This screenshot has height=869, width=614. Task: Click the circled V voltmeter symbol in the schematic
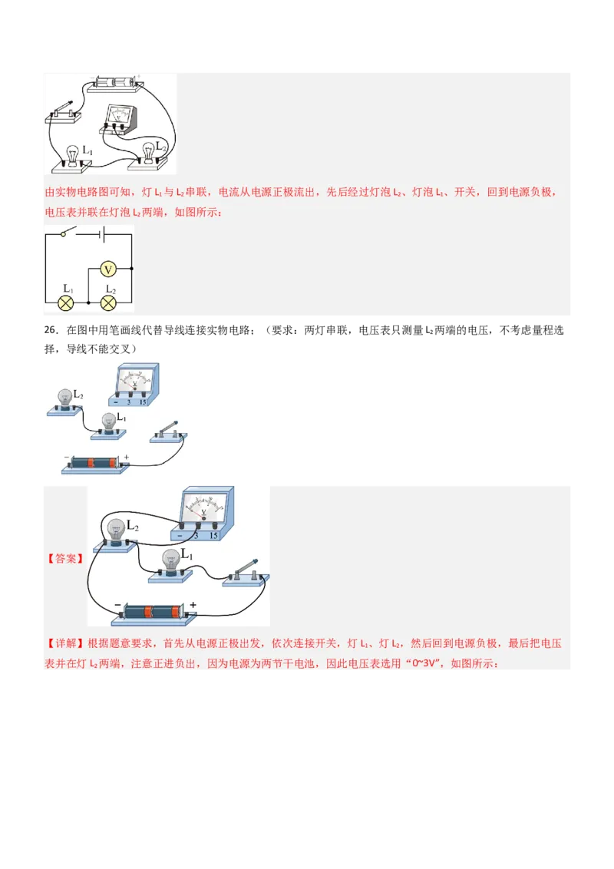(108, 269)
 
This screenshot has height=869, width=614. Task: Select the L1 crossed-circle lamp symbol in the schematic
(66, 302)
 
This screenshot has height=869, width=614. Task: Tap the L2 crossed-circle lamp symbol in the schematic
(108, 302)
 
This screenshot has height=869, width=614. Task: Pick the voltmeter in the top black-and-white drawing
(119, 120)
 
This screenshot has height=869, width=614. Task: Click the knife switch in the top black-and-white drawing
(63, 112)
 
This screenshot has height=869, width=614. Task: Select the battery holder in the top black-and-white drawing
(115, 82)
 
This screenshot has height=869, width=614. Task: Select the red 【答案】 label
(65, 559)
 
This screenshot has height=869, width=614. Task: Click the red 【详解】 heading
(65, 643)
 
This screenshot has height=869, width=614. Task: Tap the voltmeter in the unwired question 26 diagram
(134, 385)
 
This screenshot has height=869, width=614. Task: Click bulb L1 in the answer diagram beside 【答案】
(170, 567)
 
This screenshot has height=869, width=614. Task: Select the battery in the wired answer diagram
(153, 613)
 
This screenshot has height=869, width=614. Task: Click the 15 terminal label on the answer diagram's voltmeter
(213, 535)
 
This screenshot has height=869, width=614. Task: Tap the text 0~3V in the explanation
(424, 663)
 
